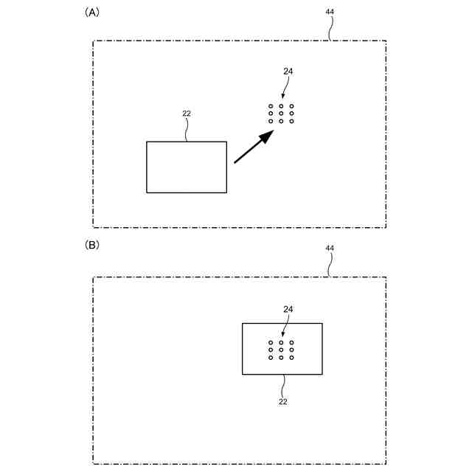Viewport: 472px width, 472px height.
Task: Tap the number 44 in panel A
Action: tap(329, 12)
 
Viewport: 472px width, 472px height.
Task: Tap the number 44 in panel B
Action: tap(329, 249)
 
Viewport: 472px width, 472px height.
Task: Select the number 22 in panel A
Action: tap(187, 113)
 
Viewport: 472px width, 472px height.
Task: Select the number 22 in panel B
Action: tap(282, 401)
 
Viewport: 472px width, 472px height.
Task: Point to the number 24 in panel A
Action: tap(288, 72)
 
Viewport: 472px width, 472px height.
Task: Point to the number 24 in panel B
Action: tap(288, 309)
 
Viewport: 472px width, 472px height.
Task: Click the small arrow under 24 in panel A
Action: tap(285, 91)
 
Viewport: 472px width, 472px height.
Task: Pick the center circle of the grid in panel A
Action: tap(281, 114)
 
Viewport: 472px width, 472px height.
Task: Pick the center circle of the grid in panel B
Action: tap(281, 350)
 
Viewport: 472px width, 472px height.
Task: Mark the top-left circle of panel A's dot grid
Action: tap(271, 106)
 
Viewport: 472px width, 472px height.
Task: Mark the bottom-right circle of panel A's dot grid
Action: tap(292, 121)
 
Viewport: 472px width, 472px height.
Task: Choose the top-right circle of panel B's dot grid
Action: tap(292, 343)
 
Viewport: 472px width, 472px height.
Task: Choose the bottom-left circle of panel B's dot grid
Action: tap(271, 358)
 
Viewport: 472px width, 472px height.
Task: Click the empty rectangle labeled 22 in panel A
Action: tap(187, 167)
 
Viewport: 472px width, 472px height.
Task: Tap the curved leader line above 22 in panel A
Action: tap(187, 129)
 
